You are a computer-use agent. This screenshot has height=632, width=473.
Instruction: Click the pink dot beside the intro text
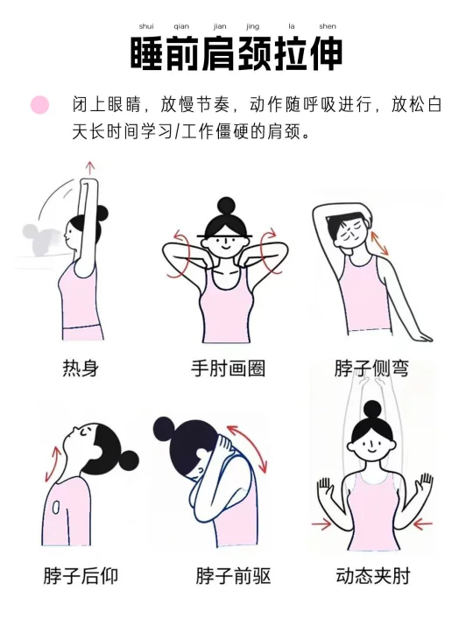coord(39,105)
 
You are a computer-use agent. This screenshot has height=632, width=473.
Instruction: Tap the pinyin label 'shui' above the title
coord(146,26)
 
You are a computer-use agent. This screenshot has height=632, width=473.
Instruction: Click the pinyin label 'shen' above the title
coord(328,26)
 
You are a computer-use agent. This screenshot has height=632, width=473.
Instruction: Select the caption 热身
coord(81,369)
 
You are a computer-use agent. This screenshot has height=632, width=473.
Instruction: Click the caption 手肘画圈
coord(229,369)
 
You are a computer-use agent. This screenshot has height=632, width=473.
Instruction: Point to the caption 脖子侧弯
coord(371,369)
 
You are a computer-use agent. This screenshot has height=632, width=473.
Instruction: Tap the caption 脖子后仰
coord(81,576)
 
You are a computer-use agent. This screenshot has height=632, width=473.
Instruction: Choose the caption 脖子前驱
coord(234,576)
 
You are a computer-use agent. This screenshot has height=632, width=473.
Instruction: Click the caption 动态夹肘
coord(373,576)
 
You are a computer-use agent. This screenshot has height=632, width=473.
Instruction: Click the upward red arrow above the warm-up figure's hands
coord(90,168)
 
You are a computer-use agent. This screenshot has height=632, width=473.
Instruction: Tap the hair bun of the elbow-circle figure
coord(226,207)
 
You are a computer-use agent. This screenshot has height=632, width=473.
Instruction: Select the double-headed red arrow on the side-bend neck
coord(379,242)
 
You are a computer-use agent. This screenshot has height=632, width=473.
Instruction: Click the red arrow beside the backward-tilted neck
coord(53,463)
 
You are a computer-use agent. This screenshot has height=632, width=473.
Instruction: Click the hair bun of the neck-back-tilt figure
coord(128,460)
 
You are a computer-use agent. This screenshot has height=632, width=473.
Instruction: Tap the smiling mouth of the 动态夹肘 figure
coord(371,448)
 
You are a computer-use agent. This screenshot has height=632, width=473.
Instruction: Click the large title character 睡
coord(147,54)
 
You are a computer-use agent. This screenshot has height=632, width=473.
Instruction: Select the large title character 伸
coord(326,54)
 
